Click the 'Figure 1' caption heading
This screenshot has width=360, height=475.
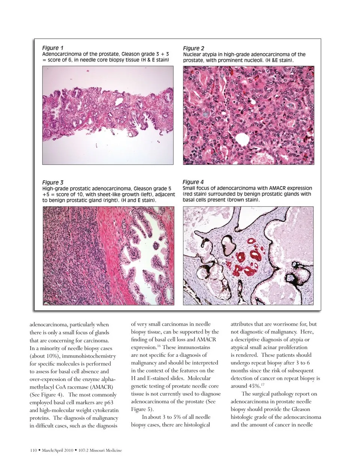tap(52, 48)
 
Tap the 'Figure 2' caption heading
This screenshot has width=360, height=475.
tap(193, 48)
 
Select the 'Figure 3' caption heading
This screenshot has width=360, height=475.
tap(52, 183)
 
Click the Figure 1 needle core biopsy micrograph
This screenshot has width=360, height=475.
tap(108, 115)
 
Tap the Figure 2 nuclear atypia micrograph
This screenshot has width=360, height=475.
tap(248, 115)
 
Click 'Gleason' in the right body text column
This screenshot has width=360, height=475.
tap(298, 409)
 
